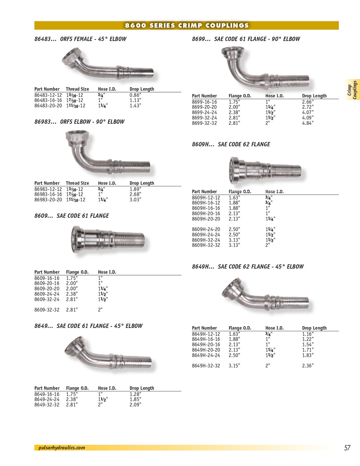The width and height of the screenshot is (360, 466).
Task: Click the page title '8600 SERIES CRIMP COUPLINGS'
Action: click(187, 25)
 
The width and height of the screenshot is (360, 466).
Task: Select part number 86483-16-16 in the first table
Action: click(48, 100)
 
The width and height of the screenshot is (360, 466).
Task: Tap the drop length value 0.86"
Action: click(135, 95)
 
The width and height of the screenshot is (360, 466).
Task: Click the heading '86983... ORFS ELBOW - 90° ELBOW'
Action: click(79, 122)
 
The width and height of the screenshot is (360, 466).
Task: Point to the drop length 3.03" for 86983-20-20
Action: click(135, 200)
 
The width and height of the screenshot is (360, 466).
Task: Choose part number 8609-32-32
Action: click(47, 310)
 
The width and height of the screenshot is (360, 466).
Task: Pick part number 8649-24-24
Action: click(47, 399)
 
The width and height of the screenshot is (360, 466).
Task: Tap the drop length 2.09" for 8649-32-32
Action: click(135, 404)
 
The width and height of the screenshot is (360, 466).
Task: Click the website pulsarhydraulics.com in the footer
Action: click(62, 448)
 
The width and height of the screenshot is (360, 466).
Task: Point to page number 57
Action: click(347, 448)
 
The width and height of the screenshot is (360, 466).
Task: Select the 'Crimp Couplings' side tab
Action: click(352, 90)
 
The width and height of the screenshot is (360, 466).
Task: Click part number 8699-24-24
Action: click(205, 112)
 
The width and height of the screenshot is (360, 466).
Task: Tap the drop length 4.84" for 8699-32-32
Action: click(308, 123)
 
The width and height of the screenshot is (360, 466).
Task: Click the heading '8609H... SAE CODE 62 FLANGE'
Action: click(231, 144)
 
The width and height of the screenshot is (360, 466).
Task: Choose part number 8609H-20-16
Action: click(206, 214)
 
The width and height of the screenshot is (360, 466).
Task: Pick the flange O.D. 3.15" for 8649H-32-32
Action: click(234, 366)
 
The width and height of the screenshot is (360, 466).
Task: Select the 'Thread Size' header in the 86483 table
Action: click(78, 89)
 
